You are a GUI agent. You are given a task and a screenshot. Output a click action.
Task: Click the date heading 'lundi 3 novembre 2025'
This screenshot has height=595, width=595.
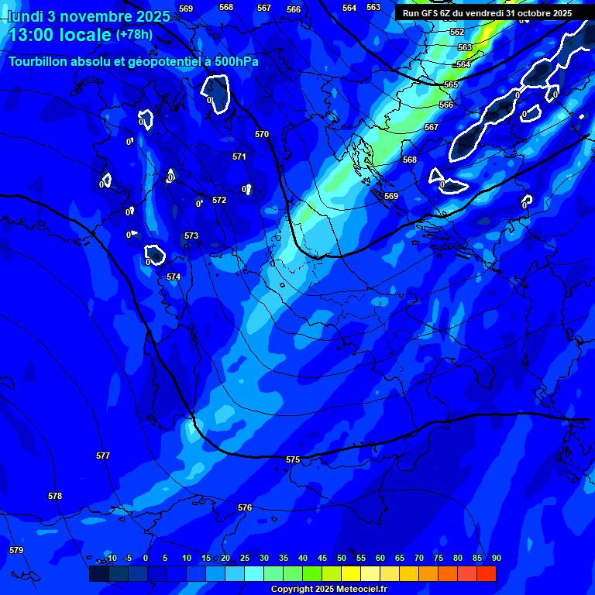88,15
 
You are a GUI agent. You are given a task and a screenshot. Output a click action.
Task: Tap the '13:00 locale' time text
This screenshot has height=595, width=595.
59,35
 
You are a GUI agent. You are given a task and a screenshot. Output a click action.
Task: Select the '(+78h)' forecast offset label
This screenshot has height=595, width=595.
134,35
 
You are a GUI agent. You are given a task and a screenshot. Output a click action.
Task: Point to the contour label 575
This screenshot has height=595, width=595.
292,459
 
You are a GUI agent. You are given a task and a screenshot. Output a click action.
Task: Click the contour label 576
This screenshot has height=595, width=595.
245,507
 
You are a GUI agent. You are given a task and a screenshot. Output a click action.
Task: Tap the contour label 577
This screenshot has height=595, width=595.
103,456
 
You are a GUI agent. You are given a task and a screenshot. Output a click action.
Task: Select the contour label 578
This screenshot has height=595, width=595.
54,496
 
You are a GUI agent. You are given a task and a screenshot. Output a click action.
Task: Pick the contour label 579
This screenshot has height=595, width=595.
16,550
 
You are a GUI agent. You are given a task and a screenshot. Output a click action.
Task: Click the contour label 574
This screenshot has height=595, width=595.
174,277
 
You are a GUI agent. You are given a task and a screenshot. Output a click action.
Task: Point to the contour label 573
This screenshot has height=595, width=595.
191,236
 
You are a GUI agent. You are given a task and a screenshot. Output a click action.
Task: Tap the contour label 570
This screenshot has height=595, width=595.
262,134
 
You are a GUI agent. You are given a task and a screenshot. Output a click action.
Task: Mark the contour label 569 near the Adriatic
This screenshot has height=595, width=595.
391,196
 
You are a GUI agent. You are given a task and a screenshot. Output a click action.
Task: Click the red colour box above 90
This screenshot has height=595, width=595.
486,574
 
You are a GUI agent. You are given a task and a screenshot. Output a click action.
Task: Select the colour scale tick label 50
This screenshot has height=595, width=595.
342,558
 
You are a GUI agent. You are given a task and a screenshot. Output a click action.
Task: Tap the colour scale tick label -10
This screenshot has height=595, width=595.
110,558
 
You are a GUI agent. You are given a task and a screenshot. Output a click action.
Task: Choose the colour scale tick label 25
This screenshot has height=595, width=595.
244,558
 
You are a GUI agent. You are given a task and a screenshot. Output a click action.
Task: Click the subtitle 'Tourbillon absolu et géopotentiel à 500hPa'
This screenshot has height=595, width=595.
133,61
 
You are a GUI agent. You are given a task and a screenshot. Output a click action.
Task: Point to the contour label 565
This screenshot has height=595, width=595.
451,84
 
